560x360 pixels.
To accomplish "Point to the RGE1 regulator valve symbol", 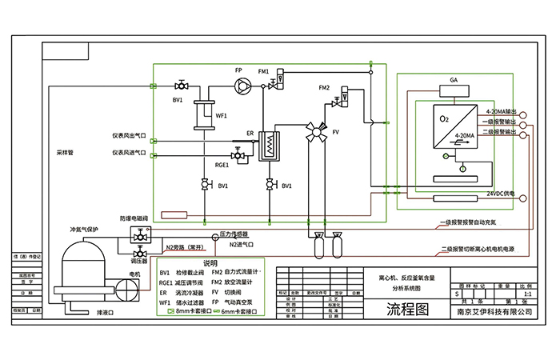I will point(237,153).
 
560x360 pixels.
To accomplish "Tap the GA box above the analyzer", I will point(454,81).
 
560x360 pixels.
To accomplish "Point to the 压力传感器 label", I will point(234,234).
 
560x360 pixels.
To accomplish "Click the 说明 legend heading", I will point(210,262).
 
